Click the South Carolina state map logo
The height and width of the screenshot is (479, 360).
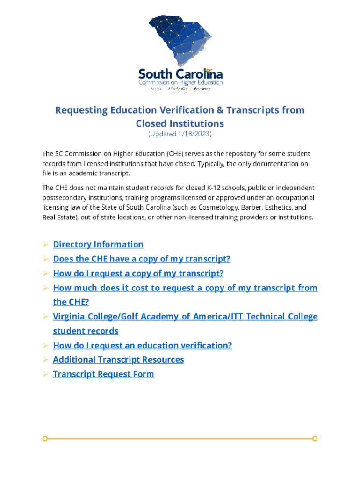tap(180, 42)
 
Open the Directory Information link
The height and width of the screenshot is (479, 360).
tap(98, 244)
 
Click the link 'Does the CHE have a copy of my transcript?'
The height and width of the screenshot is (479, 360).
tap(142, 259)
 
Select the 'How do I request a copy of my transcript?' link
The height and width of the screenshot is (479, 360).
tap(138, 273)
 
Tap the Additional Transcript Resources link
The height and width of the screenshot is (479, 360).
tap(118, 359)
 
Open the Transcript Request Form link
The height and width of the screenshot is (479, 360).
tap(103, 374)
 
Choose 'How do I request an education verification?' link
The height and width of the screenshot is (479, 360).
tap(143, 345)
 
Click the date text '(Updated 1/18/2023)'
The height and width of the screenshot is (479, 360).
tap(180, 134)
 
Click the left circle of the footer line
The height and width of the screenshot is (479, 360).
tap(45, 438)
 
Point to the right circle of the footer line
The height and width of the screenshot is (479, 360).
tap(315, 438)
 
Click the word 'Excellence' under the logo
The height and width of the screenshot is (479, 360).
tap(202, 89)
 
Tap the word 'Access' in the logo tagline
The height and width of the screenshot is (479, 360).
tap(155, 89)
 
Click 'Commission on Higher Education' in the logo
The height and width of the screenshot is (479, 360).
tap(180, 82)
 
